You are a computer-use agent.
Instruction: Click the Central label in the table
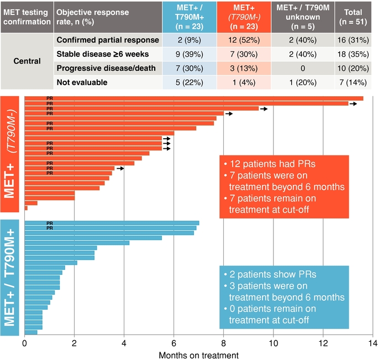click(x=28, y=61)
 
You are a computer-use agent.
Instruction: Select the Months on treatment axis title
click(x=198, y=354)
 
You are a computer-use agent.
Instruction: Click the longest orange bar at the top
click(x=193, y=98)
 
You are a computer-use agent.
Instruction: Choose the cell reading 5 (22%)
click(x=190, y=82)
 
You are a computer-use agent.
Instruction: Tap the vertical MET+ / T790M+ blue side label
click(x=11, y=278)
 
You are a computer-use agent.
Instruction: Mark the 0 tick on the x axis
click(x=25, y=343)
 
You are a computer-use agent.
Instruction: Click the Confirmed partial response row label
click(x=108, y=40)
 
